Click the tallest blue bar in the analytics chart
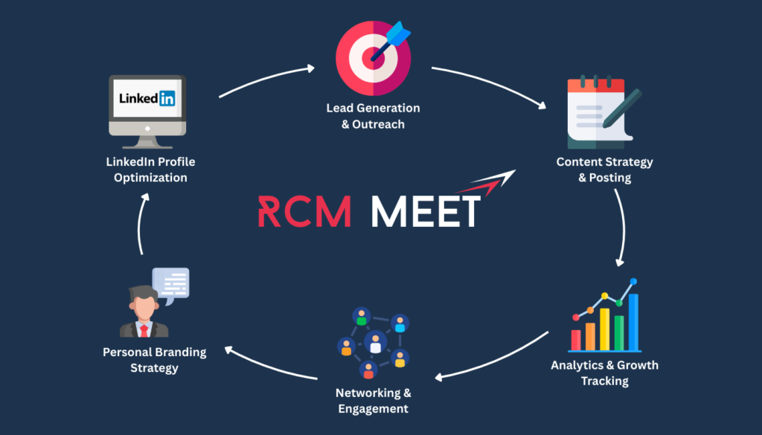(633, 321)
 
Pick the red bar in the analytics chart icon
(576, 339)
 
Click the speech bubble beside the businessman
(171, 283)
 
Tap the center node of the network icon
(375, 343)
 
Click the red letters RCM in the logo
(304, 212)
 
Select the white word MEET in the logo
(426, 212)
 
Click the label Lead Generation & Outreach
(373, 116)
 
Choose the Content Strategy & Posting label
(604, 170)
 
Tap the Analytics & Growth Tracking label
(604, 373)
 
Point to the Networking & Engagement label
(373, 401)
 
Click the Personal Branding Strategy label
(154, 360)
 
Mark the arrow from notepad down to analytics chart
(624, 227)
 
